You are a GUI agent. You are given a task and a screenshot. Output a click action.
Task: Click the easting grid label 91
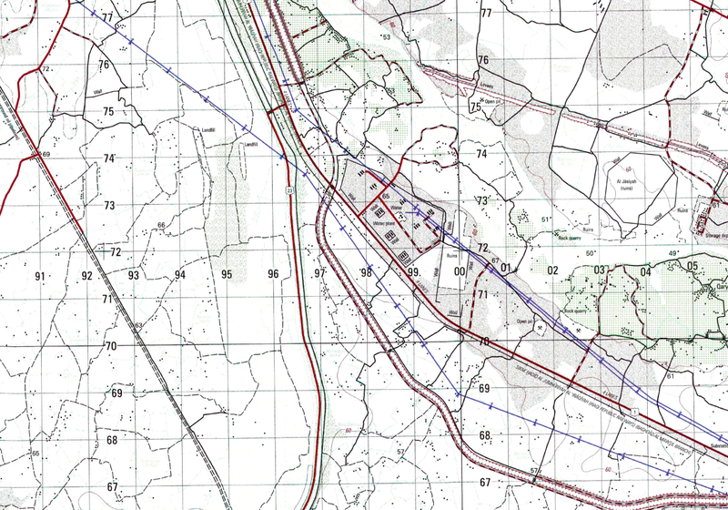pos(40,275)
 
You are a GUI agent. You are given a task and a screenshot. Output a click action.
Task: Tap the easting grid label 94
pos(180,275)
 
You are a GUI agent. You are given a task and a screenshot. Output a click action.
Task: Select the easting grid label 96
pos(273,274)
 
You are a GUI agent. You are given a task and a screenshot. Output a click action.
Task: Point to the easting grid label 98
pos(366,273)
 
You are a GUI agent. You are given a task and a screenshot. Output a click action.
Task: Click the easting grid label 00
pos(460,271)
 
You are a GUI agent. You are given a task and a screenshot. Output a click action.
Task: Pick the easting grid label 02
pos(552,270)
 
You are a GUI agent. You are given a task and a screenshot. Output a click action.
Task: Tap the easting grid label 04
pos(645,271)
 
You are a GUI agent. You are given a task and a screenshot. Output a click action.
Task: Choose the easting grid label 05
pos(693,266)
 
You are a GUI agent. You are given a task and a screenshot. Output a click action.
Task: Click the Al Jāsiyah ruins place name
pos(626,185)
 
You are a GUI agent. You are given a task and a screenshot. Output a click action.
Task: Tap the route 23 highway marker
pos(288,189)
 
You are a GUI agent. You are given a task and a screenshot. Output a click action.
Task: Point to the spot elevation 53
pos(386,37)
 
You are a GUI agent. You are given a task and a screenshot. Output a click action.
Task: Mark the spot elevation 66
pos(161,225)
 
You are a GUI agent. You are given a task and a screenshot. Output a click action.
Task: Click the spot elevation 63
pos(139,325)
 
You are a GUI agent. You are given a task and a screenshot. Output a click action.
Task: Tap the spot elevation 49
pos(673,253)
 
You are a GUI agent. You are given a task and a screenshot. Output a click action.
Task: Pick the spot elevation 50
pos(590,253)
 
